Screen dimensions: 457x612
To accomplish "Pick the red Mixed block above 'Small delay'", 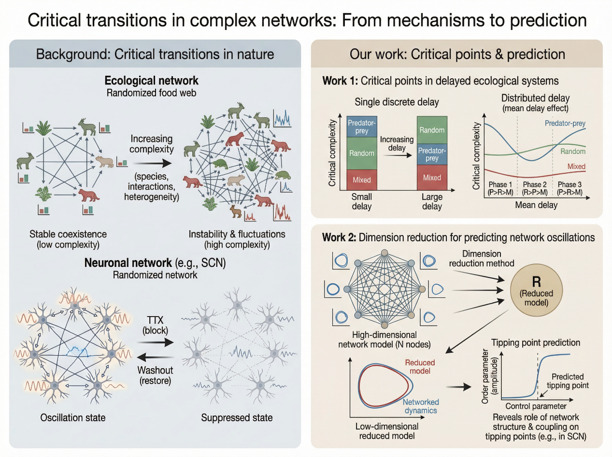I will pyautogui.click(x=362, y=180).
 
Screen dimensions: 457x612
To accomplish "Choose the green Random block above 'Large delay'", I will pyautogui.click(x=432, y=130).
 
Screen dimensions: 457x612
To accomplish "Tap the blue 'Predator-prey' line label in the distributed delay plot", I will pyautogui.click(x=565, y=124).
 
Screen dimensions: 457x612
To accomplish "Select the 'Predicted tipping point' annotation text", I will pyautogui.click(x=568, y=381).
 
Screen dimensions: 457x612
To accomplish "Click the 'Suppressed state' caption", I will pyautogui.click(x=237, y=417).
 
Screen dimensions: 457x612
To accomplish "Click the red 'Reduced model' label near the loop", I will pyautogui.click(x=420, y=366).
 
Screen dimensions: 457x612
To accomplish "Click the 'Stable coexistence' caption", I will pyautogui.click(x=68, y=235).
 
